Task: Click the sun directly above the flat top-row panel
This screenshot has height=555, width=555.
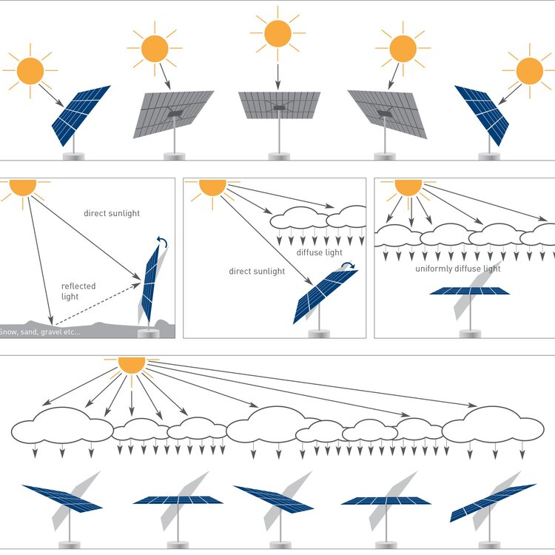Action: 278,33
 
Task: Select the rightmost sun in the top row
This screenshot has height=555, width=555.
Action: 529,71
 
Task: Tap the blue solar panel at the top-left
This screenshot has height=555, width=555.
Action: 81,114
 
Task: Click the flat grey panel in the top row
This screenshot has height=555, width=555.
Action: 279,105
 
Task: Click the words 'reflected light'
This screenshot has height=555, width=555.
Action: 78,291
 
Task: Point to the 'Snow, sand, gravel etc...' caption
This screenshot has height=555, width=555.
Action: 40,332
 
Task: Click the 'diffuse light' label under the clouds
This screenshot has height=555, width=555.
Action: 319,253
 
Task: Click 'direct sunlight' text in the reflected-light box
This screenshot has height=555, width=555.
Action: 112,214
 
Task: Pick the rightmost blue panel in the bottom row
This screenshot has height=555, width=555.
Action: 492,501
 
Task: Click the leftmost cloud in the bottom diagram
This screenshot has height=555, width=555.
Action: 61,428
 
